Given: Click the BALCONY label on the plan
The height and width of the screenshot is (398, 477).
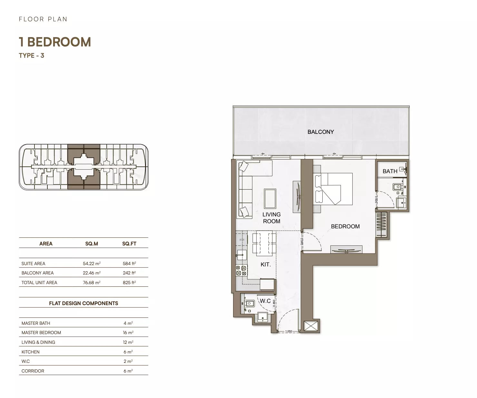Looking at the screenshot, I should coord(320,132).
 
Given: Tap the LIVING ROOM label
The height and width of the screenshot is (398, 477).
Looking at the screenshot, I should coord(271,218).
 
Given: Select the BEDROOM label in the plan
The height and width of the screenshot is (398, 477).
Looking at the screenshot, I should coord(345,226).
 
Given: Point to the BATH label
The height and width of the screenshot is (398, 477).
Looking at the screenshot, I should coord(390,171).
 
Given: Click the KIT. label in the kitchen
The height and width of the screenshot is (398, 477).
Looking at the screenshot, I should coord(266,264).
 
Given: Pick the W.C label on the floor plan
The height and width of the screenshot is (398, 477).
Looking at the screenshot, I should coord(265,301).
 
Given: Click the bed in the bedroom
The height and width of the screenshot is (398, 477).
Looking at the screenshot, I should coord(333,189).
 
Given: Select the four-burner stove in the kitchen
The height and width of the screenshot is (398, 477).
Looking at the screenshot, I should coord(241,271).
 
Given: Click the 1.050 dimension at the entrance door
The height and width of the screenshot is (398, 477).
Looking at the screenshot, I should coord(288,331).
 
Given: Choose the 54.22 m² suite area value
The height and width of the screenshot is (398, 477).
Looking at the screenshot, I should coord(92,264).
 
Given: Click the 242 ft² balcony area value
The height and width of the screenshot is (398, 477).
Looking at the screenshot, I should coord(129,273).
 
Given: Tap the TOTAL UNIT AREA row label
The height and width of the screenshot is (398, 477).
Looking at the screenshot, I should coord(39,283).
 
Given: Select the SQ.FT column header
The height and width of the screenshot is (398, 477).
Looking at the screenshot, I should coord(129,244).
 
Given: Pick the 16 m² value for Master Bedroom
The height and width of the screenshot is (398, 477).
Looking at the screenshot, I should coord(128,333).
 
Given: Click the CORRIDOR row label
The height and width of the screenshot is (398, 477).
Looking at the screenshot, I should coord(33,371).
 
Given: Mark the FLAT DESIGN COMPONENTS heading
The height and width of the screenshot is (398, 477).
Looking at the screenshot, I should coord(83,303).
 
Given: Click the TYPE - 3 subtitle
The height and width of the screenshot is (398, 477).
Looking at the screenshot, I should coord(32,55).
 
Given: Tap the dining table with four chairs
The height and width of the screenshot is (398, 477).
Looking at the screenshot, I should coord(264,243).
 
